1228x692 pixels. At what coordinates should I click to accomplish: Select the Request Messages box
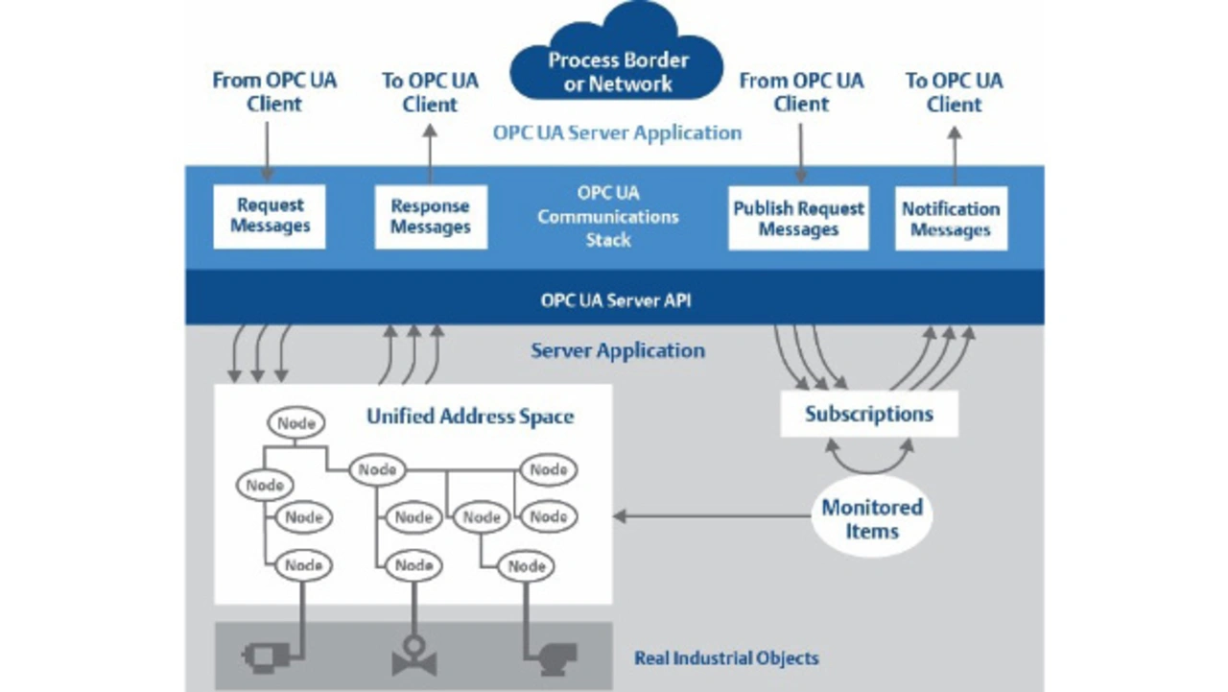coord(270,216)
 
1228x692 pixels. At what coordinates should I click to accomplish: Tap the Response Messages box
coord(430,217)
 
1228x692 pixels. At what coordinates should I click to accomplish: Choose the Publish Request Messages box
coord(798,219)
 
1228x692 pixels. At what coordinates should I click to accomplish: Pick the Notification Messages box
coord(951,219)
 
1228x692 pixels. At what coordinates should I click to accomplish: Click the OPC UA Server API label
coord(615,299)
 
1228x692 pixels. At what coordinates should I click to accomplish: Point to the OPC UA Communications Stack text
coord(608,217)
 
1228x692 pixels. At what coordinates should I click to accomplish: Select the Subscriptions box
coord(868,415)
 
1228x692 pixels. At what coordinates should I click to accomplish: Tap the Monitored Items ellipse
coord(871,519)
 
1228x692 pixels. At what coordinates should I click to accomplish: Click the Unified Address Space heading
coord(470,417)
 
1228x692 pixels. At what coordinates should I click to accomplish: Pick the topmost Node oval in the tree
coord(296,422)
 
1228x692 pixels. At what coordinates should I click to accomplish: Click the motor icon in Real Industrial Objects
coord(261,657)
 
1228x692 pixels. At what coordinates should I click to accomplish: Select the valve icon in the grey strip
coord(414,659)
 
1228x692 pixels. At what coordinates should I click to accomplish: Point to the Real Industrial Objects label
coord(726,658)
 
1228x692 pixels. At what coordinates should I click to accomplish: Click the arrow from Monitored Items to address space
coord(710,516)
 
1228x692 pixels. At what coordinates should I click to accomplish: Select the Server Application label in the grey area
coord(618,351)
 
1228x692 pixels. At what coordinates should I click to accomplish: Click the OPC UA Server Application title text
coord(617,132)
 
